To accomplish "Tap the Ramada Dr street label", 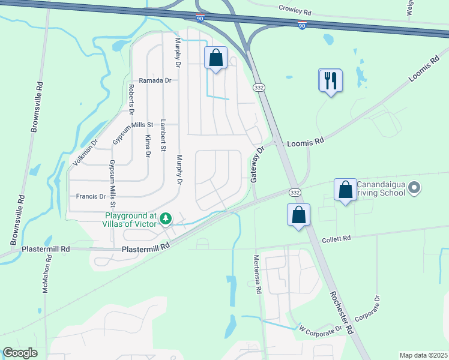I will coord(155,80).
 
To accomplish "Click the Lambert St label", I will coord(163,136).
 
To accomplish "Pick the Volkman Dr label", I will coord(85,152).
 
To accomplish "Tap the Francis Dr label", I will coord(91,196).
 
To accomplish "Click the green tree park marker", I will coord(166,220).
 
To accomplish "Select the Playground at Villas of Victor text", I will coord(130,220).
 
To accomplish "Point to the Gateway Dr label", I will coord(257,164).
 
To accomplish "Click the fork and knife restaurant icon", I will coord(330,80).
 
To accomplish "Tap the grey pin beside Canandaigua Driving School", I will coord(414,189).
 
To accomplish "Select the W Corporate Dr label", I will coord(321,328).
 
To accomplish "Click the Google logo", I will coord(20,353).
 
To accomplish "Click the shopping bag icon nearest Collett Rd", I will coord(298,215).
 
